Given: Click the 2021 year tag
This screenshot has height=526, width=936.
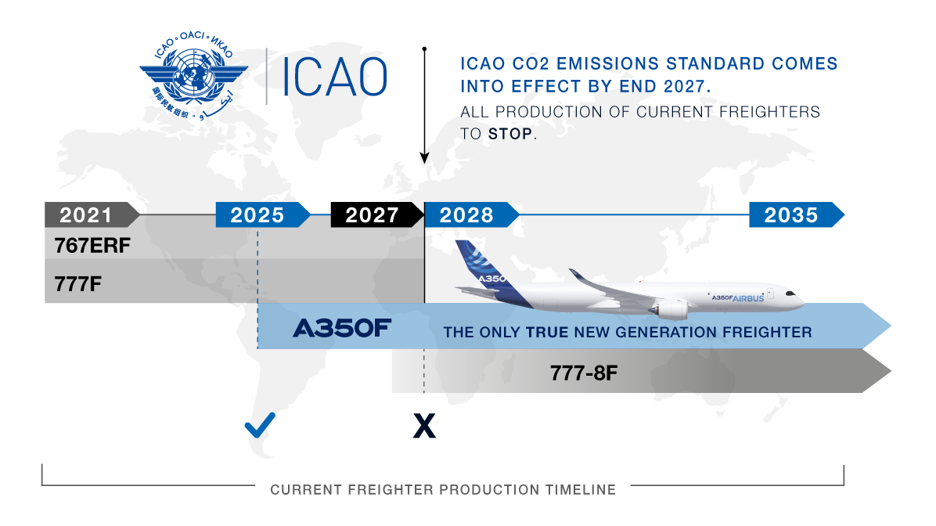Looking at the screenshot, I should pyautogui.click(x=86, y=214).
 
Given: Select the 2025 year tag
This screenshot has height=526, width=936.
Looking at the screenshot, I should pyautogui.click(x=257, y=214).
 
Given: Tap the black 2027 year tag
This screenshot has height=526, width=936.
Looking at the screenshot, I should pyautogui.click(x=372, y=214).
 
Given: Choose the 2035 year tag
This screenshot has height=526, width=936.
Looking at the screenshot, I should pyautogui.click(x=790, y=214).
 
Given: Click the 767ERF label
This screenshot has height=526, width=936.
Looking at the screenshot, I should pyautogui.click(x=92, y=246).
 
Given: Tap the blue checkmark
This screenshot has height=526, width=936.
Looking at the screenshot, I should pyautogui.click(x=259, y=427).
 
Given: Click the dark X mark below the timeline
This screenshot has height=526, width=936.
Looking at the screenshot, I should pyautogui.click(x=423, y=427).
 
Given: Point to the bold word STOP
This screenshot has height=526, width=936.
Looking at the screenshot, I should pyautogui.click(x=510, y=134).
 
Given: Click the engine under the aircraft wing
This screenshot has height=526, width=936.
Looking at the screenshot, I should pyautogui.click(x=672, y=310).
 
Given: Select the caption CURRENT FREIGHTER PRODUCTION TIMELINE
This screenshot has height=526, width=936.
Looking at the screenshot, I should pyautogui.click(x=443, y=490).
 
